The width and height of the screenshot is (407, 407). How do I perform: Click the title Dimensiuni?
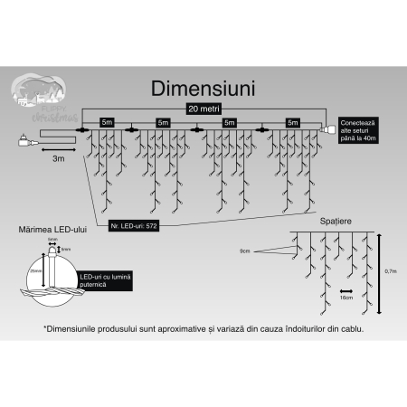(203, 89)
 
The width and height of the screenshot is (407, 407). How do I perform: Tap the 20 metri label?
(203, 108)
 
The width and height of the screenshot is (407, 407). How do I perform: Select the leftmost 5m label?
(107, 121)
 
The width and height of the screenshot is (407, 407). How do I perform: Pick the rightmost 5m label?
(292, 121)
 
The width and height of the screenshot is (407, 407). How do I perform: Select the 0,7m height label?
(392, 270)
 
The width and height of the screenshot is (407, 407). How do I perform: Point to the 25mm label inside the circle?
(34, 269)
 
